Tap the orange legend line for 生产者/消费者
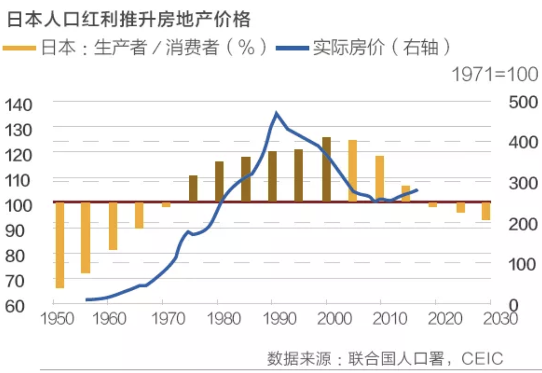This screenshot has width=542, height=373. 19,48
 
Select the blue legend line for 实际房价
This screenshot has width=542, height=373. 292,48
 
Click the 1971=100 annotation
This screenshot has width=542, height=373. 495,75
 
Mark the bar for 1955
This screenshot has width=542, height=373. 85,238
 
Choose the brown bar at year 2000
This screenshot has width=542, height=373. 326,170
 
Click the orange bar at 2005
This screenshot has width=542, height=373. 352,171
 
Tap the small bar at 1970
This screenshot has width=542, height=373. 166,205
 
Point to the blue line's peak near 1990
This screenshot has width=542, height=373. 276,113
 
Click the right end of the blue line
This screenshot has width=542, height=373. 417,190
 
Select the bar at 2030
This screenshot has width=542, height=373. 486,211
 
